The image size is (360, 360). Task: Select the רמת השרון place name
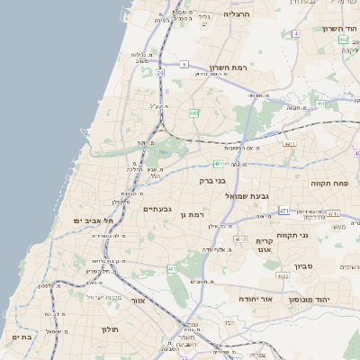click(229, 68)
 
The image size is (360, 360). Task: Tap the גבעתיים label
click(157, 209)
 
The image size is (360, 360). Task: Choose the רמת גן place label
click(193, 214)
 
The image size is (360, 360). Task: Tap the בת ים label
click(22, 337)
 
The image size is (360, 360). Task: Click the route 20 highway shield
click(160, 72)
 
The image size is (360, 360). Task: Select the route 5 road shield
click(184, 64)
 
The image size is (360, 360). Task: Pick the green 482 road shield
click(193, 113)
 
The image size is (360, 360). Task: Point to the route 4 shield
click(295, 33)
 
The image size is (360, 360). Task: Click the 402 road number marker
click(344, 40)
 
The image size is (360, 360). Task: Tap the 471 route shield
click(283, 210)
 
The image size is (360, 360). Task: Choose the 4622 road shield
click(283, 277)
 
